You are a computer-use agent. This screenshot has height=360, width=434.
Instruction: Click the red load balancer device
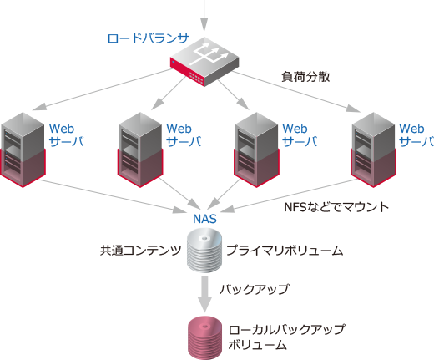pos(204,63)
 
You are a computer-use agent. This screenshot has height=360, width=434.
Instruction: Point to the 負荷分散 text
pos(306,77)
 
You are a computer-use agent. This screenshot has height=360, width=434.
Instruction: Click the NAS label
pos(204,219)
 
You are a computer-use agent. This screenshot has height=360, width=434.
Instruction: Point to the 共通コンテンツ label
pos(140,250)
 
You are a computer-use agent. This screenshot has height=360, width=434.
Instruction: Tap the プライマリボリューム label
pos(285,250)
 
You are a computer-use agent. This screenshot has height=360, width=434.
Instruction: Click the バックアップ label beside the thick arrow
pos(254,290)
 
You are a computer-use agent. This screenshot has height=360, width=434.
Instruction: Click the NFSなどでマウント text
pos(337,205)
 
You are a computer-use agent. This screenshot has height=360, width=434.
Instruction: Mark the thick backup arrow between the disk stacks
pos(204,292)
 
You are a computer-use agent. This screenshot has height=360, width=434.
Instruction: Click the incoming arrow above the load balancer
pos(204,13)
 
